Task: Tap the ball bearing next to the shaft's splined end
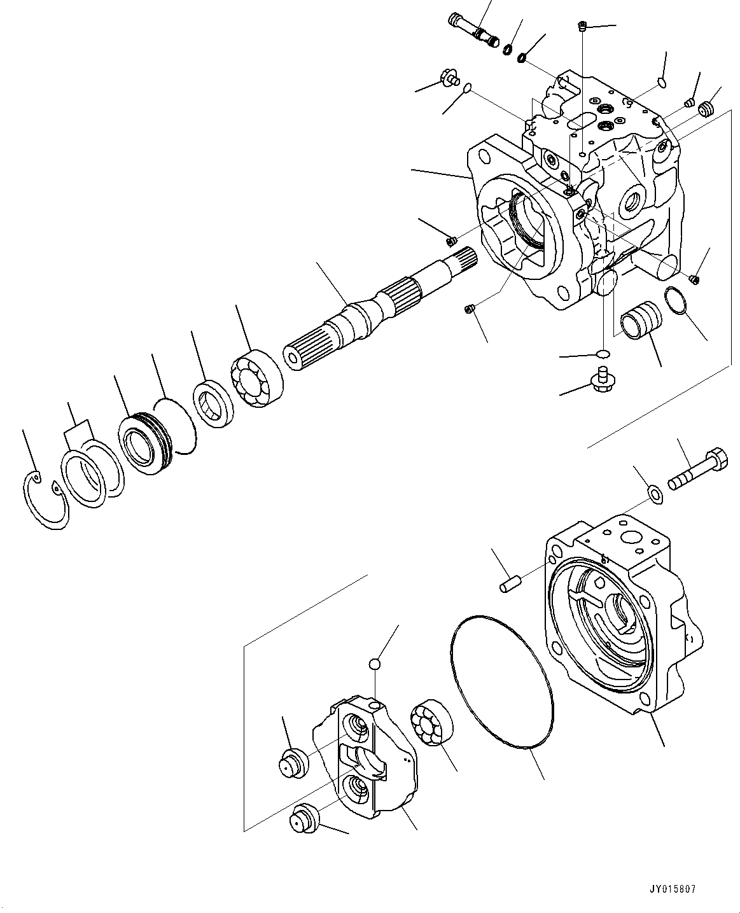pos(256,379)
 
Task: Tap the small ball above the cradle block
pos(375,664)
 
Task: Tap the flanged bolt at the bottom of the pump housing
pos(601,379)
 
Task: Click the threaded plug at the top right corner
pos(706,110)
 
